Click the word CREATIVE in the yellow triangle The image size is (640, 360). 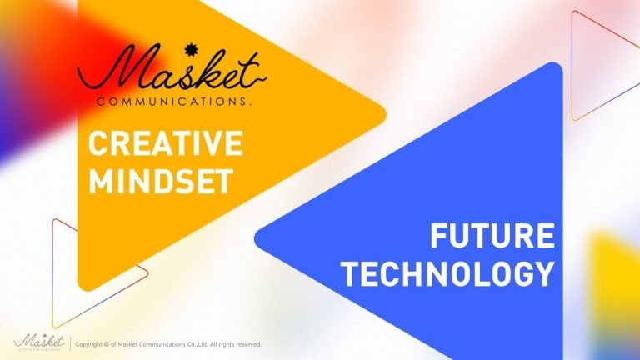[166, 142]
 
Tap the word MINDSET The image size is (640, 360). [161, 181]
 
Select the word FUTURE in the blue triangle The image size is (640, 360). [492, 236]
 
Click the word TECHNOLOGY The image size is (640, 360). [448, 273]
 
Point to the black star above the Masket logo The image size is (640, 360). [189, 50]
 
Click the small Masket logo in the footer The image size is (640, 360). [39, 342]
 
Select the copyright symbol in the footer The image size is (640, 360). [107, 344]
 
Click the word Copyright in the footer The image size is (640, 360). [89, 344]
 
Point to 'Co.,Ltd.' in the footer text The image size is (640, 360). [198, 344]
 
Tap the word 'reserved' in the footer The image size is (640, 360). [248, 344]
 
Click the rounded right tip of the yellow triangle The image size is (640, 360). [383, 112]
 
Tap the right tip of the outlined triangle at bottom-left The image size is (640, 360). [147, 271]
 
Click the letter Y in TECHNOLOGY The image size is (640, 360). [545, 273]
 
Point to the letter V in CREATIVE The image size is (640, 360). [209, 142]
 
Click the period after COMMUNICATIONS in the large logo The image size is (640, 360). [250, 104]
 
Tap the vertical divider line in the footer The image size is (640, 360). [70, 343]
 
